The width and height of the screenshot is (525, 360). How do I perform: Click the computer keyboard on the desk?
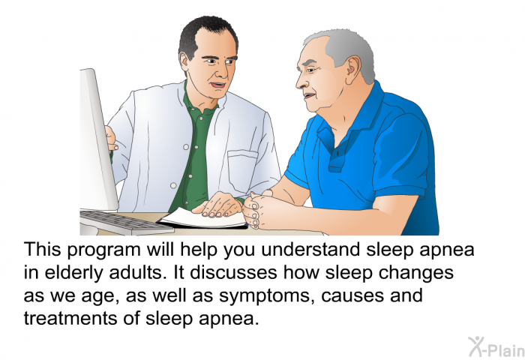(125, 223)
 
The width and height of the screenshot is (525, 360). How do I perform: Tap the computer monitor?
(97, 141)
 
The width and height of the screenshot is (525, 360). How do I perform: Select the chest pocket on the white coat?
(243, 169)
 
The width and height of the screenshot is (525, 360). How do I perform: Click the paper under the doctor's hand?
(203, 219)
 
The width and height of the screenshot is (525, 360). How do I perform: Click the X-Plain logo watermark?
(496, 346)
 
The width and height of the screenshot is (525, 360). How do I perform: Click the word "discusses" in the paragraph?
(233, 273)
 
